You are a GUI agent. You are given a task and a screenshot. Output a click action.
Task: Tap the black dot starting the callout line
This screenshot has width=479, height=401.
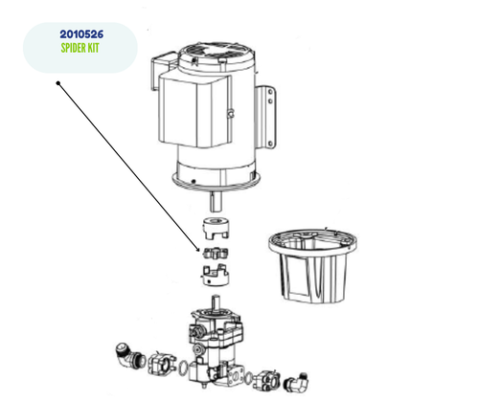coord(59,84)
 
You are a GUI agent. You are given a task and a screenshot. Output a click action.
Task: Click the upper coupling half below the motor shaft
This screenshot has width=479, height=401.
coord(217,232)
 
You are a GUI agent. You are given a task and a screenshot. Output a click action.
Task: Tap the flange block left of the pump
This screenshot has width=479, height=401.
coord(152,361)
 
